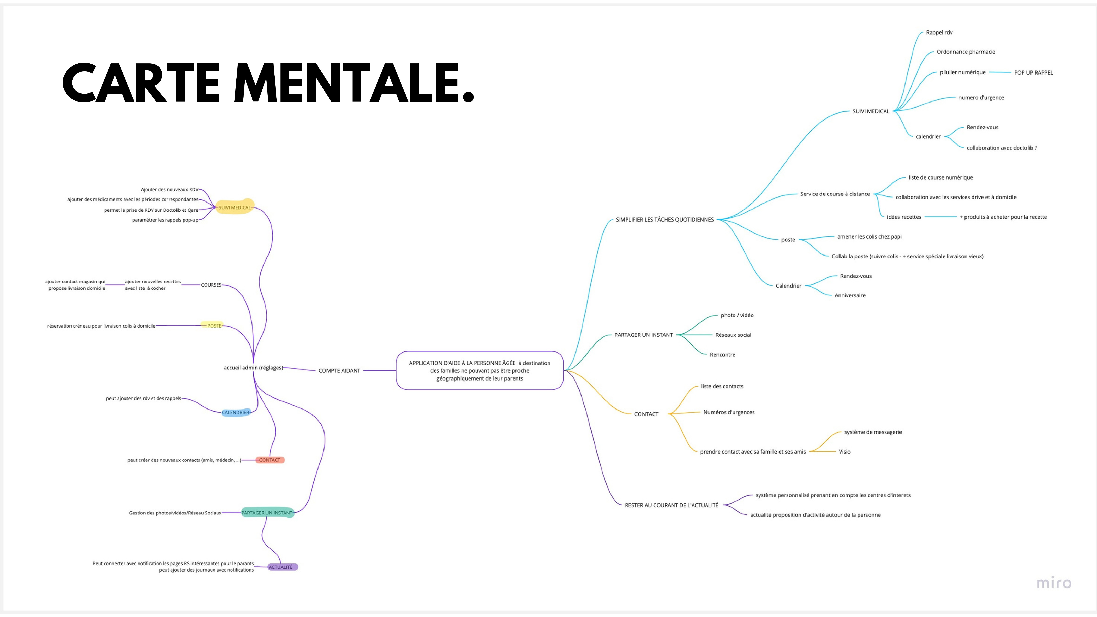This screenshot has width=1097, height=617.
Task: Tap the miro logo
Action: [x=1053, y=582]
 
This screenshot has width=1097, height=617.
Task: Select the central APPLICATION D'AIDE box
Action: [x=480, y=370]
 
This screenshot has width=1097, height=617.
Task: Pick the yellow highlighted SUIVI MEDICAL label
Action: [x=235, y=207]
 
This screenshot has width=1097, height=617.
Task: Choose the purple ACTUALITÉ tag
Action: [x=281, y=567]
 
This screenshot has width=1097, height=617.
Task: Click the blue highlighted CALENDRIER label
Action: [x=235, y=412]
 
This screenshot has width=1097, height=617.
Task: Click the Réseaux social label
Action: [x=733, y=335]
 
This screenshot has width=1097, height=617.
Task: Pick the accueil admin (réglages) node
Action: [x=253, y=367]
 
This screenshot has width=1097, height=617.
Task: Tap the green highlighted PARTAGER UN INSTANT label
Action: [x=267, y=513]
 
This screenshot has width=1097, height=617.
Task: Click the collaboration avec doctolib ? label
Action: [x=1002, y=148]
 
